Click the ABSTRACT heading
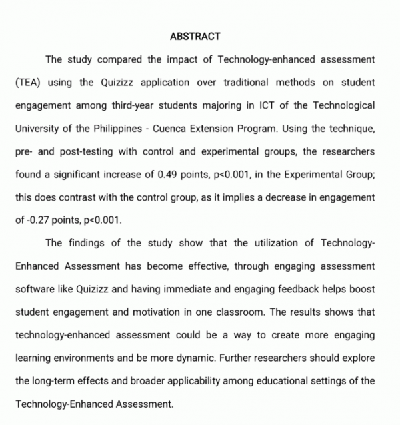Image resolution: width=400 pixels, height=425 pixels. [195, 36]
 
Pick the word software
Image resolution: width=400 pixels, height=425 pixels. [33, 289]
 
